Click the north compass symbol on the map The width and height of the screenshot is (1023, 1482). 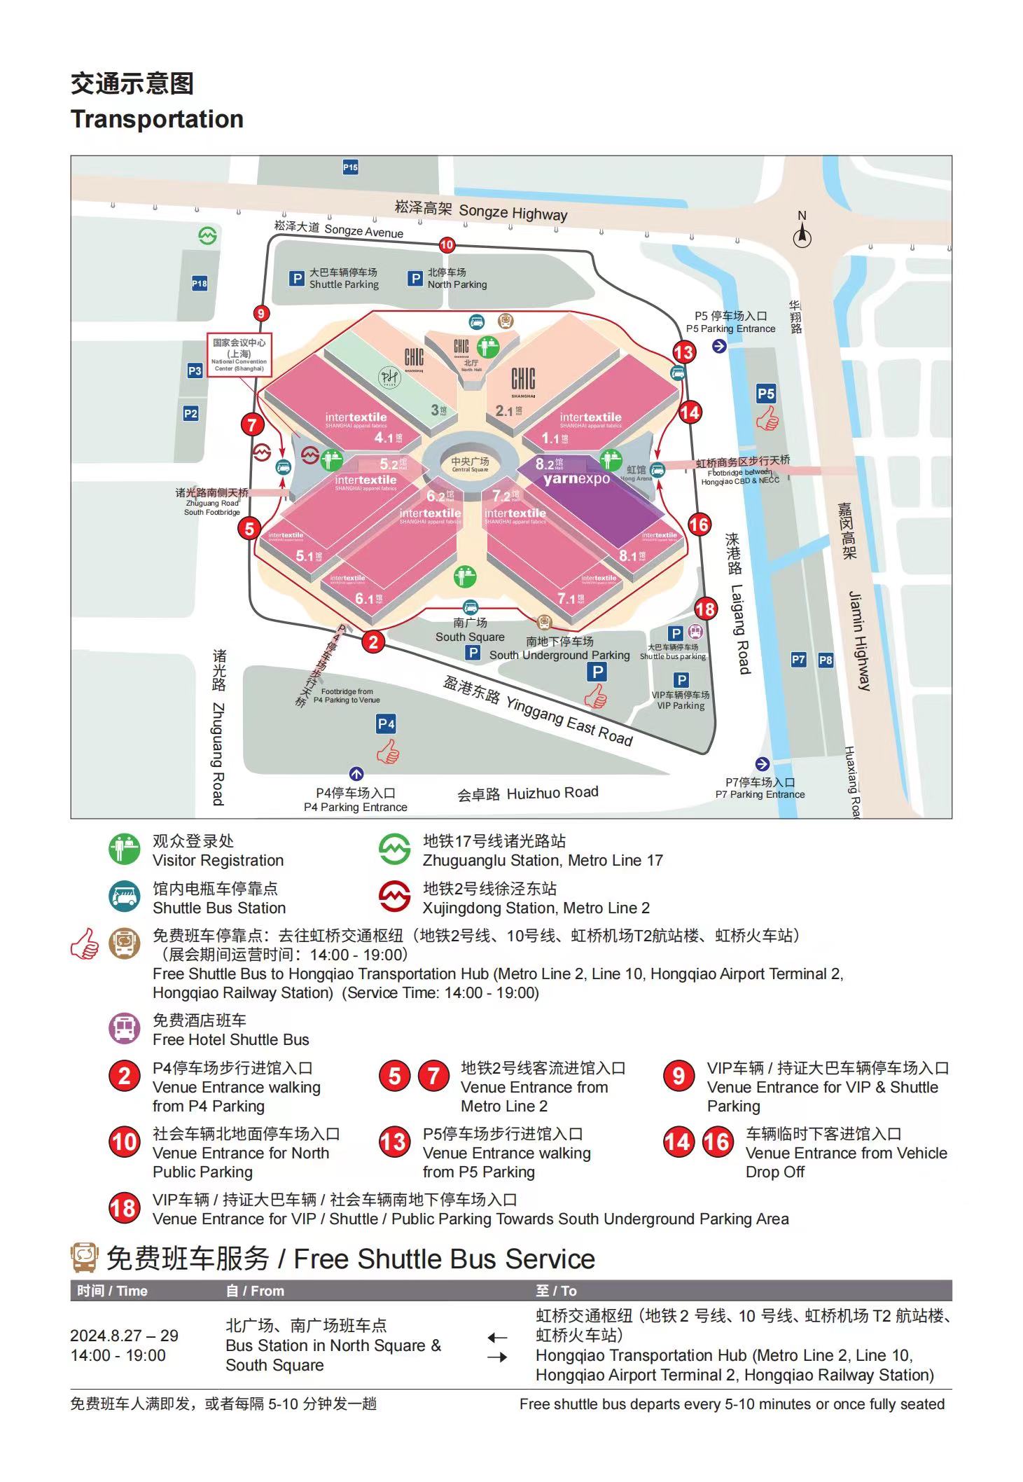point(802,237)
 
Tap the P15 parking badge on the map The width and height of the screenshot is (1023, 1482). point(350,167)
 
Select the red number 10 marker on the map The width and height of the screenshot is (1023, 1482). point(447,245)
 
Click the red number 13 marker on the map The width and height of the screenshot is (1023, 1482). point(683,352)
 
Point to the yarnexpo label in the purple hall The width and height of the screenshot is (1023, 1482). point(576,479)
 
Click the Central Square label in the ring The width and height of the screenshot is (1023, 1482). point(470,464)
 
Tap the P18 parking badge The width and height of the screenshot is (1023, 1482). point(200,284)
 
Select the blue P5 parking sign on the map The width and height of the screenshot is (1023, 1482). point(766,394)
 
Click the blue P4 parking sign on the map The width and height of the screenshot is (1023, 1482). point(386,724)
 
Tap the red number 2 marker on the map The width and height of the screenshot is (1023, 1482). point(373,642)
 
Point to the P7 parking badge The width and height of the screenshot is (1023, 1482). point(798,659)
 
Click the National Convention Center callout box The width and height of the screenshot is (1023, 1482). point(239,354)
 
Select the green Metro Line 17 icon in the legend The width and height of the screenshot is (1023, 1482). point(394,850)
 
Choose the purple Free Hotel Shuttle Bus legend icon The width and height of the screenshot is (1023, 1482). point(124,1030)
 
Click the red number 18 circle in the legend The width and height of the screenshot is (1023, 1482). point(123,1209)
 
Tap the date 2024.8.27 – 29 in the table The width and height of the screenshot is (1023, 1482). point(124,1336)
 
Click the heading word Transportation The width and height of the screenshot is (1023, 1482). point(157,119)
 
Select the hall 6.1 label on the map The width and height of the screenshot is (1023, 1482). point(368,599)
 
